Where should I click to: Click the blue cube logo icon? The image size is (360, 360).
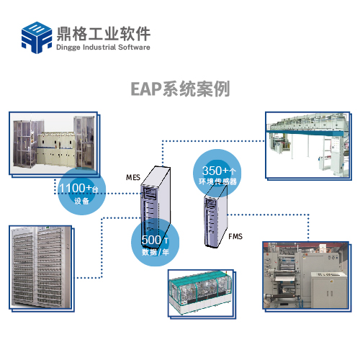coord(37,37)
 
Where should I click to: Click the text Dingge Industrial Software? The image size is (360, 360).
coord(103,47)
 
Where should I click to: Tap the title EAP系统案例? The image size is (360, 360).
coord(180,89)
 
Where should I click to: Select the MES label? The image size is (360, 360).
coord(133,177)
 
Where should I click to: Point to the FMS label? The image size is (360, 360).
coord(235,237)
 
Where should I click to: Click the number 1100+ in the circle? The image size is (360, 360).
coord(76,188)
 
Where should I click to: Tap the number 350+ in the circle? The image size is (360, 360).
coord(215,171)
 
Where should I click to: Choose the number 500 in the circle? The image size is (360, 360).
coord(151,240)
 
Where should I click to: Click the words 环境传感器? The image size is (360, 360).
coord(217,181)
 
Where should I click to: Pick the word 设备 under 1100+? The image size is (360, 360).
coord(81,201)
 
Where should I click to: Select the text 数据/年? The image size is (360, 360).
coord(156,252)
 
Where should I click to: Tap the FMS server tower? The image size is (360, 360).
coord(215,216)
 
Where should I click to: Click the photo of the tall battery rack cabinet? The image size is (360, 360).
coord(42,269)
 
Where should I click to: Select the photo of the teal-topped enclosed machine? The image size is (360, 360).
coord(202,294)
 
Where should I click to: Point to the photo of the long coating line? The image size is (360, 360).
coord(308,145)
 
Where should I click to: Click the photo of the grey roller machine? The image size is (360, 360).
coord(307,276)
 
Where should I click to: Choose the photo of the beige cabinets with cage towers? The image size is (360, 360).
coord(55,144)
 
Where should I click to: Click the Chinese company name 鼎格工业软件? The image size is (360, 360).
coord(104,34)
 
